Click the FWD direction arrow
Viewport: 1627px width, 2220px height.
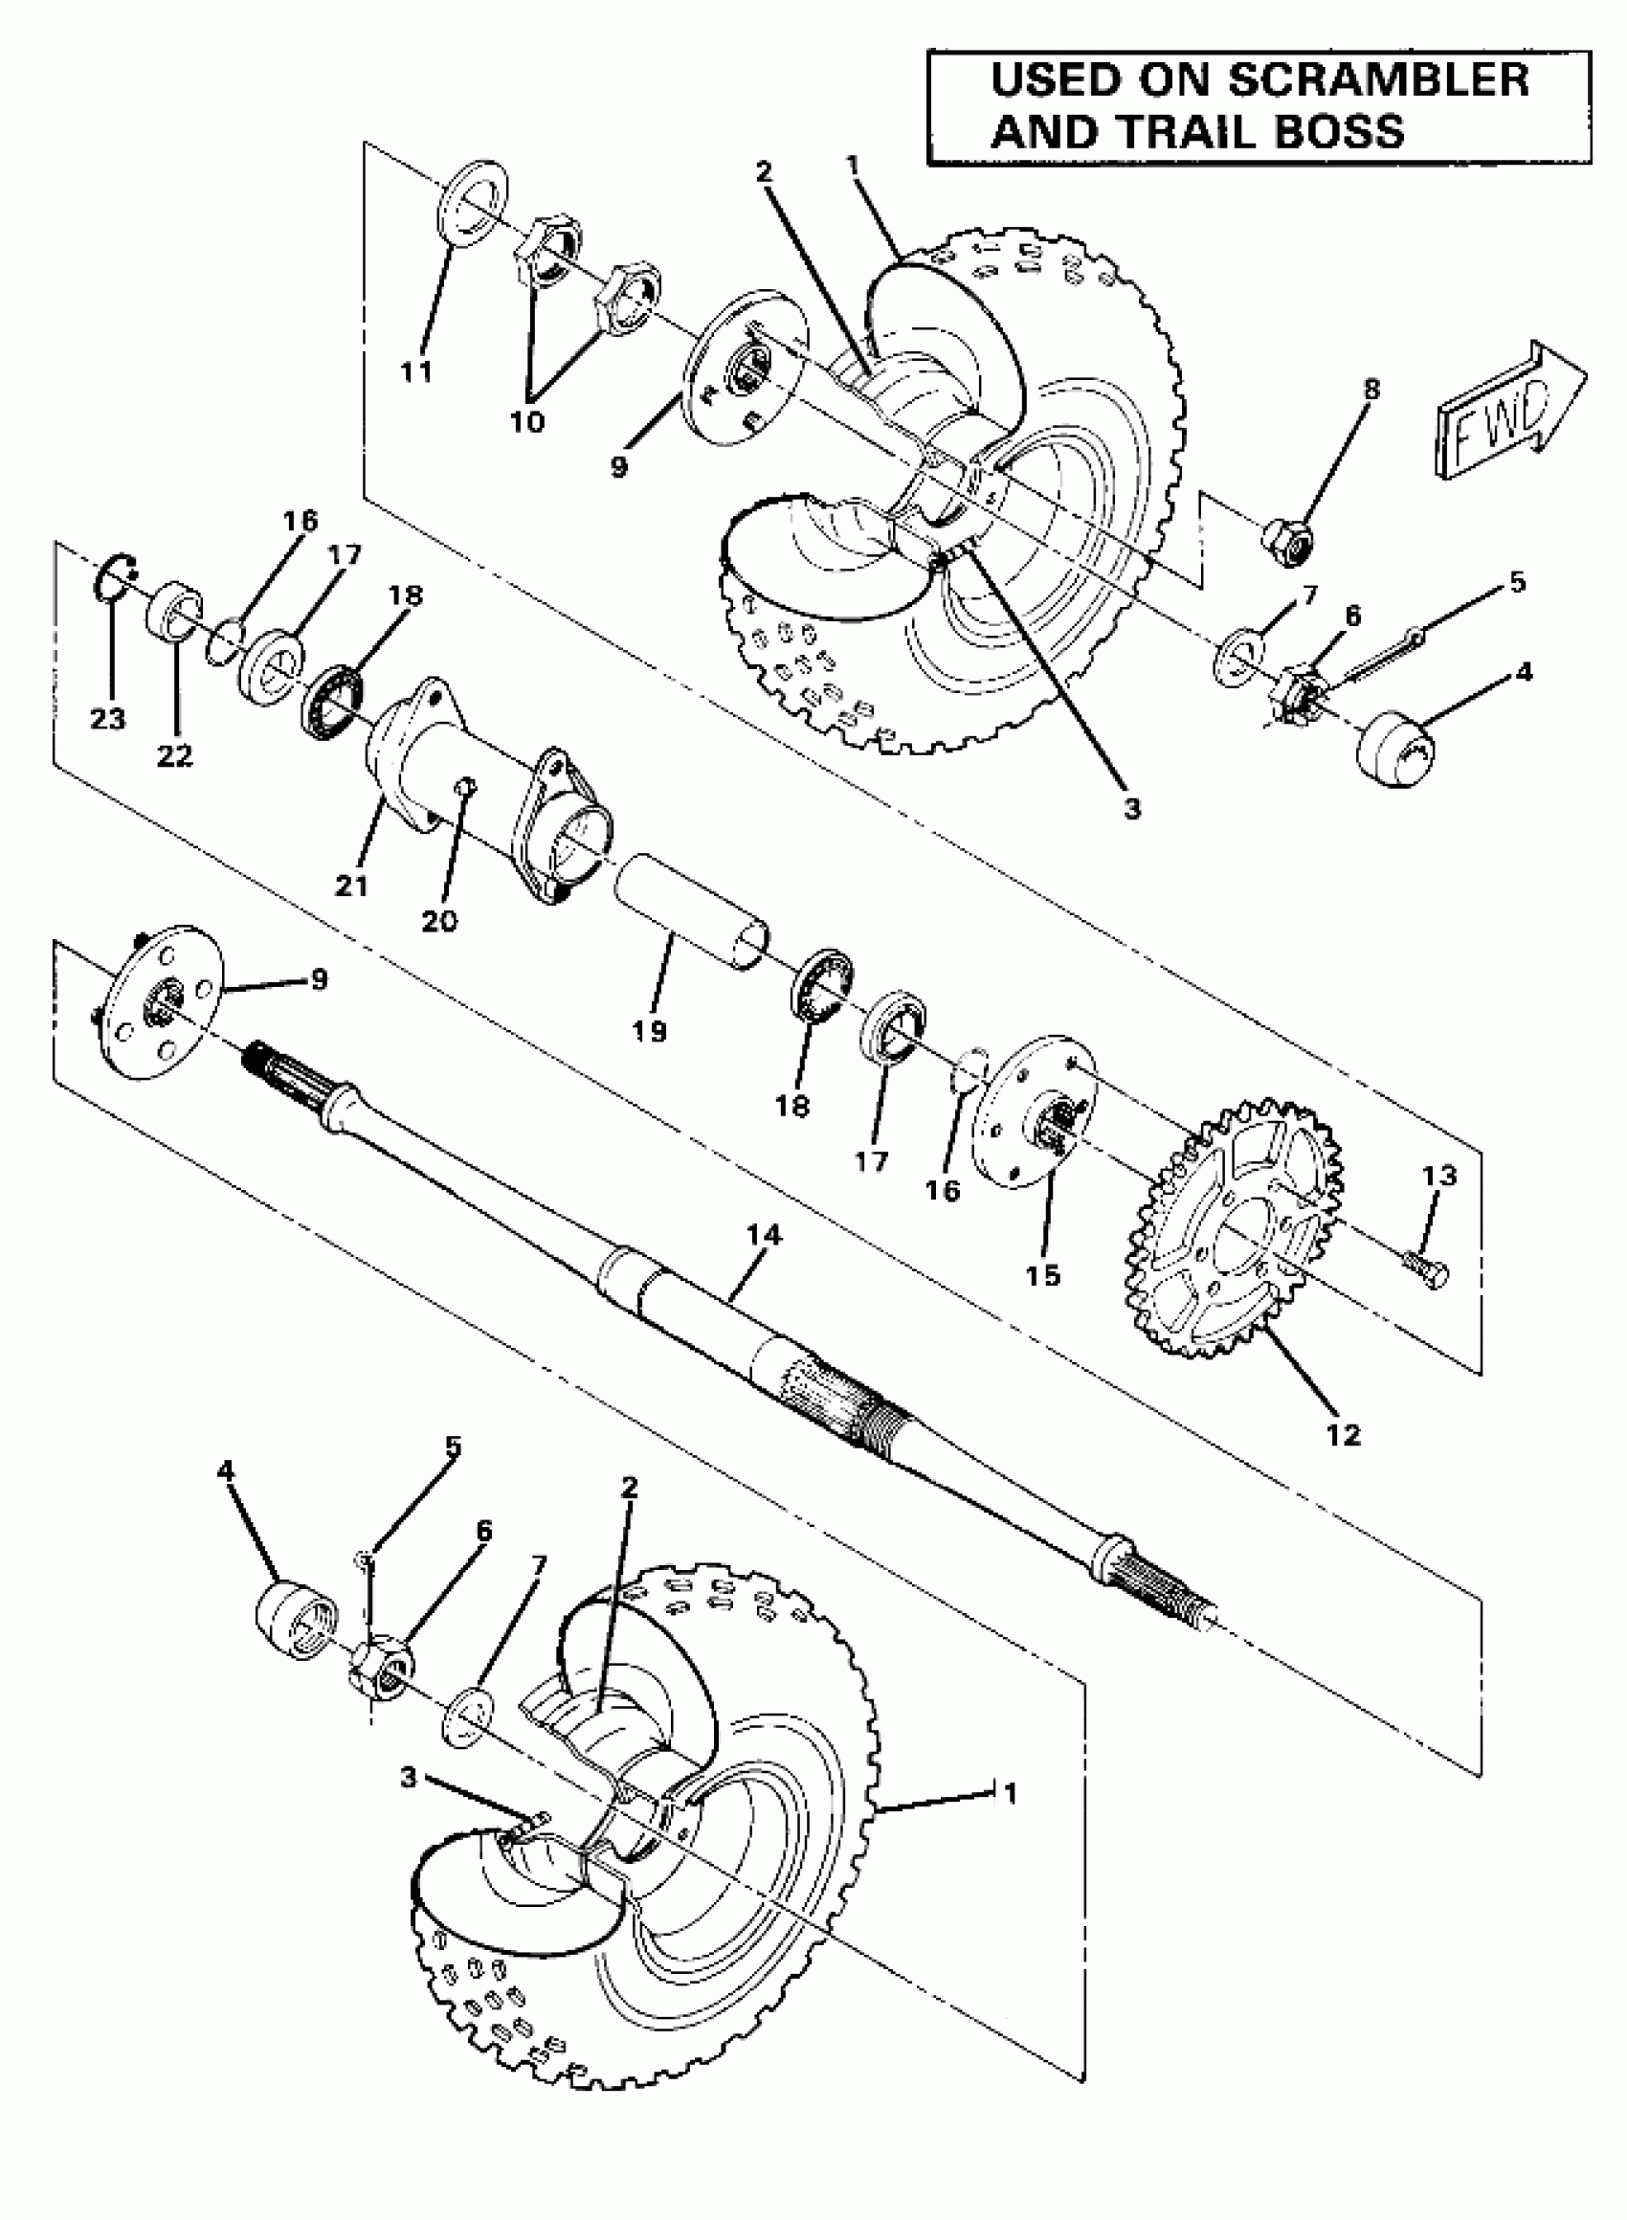[1506, 413]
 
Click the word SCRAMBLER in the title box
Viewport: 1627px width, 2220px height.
[1378, 80]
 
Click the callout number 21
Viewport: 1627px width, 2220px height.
[351, 886]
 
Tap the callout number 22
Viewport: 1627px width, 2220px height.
[174, 755]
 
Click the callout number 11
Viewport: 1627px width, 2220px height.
[416, 371]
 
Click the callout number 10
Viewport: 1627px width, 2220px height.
[528, 421]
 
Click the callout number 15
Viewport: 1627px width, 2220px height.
[1043, 1275]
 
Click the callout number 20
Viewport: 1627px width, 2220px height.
[439, 920]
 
